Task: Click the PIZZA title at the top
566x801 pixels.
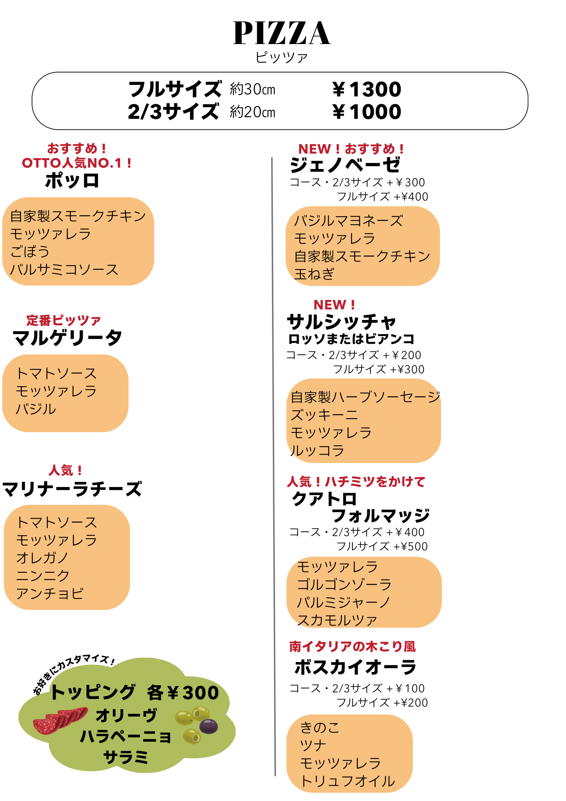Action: [282, 33]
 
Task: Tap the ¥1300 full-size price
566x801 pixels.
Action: [367, 89]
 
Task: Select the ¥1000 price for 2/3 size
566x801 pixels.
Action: [367, 111]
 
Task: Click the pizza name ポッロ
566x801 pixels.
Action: [72, 181]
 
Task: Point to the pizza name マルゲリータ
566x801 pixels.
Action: [67, 338]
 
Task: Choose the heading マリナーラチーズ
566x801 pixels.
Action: [72, 489]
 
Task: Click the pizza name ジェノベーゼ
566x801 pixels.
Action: [345, 165]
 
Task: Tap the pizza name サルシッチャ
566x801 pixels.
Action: [341, 322]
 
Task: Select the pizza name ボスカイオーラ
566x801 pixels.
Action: [355, 667]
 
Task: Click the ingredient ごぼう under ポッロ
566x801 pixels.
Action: [30, 252]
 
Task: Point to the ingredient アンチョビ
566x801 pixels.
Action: [50, 593]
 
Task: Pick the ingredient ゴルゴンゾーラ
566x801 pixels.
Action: [344, 584]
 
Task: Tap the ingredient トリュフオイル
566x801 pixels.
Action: [348, 781]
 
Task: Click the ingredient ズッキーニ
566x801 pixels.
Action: [324, 415]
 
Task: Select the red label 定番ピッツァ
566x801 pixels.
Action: [64, 320]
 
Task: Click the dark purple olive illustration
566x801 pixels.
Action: [208, 726]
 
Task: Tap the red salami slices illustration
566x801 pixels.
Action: [60, 720]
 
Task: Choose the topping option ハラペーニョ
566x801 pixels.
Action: [126, 736]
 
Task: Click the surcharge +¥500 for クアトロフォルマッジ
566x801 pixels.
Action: [410, 546]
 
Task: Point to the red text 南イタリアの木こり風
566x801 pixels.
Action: [352, 646]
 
